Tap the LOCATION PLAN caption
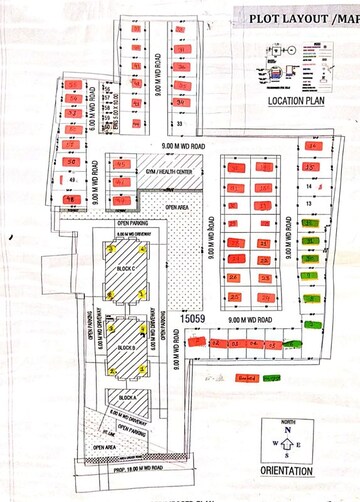pyautogui.click(x=300, y=101)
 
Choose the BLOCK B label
pyautogui.click(x=126, y=347)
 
